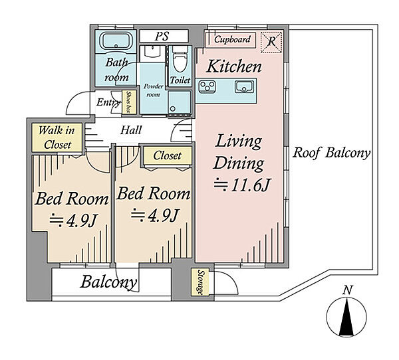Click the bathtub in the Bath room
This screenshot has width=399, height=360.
tap(116, 41)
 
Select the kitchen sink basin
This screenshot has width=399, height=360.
tap(244, 87)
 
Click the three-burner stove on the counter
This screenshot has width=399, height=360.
tap(207, 87)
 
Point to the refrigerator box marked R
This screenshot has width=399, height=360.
tap(271, 43)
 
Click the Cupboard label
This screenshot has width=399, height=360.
tap(232, 39)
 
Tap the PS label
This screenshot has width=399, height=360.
tap(162, 36)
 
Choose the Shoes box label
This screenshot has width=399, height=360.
tap(128, 102)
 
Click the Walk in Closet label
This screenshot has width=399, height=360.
tap(57, 137)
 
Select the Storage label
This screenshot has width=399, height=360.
tap(201, 282)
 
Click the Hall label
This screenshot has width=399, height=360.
tap(131, 130)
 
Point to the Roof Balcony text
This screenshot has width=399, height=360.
tap(331, 153)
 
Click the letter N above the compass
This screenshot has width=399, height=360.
tap(347, 290)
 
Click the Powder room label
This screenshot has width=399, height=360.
tap(153, 90)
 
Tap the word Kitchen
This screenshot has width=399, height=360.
tap(233, 66)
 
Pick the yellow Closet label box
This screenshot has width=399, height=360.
tap(167, 155)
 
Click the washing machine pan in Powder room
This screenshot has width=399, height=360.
tap(180, 102)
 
